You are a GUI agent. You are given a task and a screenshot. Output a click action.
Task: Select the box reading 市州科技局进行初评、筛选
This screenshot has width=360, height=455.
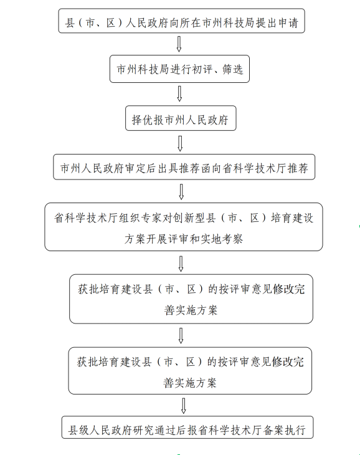179,69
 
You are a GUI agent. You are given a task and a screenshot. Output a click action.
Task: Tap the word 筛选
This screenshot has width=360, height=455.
232,69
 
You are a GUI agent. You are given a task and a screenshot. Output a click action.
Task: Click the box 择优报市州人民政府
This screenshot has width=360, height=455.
181,118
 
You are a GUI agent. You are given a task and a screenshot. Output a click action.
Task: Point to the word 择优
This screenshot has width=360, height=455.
143,120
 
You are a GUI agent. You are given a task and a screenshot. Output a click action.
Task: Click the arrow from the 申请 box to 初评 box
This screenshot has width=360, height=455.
179,44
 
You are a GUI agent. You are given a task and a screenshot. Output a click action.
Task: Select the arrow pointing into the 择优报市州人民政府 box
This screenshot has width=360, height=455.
179,93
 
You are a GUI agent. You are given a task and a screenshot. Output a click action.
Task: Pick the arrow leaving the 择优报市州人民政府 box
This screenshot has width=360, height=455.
180,143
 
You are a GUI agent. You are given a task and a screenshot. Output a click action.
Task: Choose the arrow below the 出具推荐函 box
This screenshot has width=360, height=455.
181,191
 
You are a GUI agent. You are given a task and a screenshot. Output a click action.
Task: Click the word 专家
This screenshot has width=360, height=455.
151,218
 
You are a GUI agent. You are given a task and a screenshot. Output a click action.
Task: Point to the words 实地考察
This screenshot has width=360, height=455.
222,239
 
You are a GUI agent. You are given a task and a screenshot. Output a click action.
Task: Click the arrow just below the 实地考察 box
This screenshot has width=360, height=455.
181,264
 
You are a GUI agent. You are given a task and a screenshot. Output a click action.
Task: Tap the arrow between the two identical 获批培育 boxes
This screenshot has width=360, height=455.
181,336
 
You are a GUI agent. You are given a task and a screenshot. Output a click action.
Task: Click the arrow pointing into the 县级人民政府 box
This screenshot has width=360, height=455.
184,406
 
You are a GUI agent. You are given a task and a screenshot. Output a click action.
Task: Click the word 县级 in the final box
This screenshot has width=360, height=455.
78,429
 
